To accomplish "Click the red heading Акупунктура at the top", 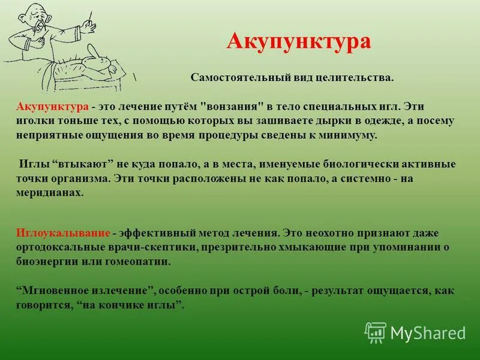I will tap(299, 41).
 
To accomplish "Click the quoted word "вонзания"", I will tap(232, 106).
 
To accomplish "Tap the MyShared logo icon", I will tap(376, 332).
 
